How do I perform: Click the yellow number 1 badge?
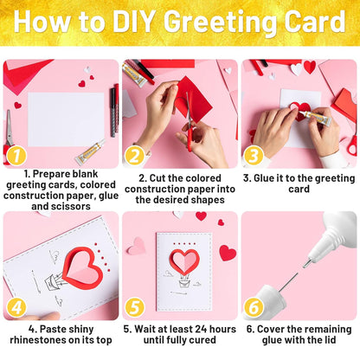(x=16, y=156)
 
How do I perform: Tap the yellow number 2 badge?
(x=135, y=156)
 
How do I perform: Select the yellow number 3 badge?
(x=254, y=156)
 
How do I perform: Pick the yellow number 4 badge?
(x=16, y=307)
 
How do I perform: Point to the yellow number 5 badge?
(x=135, y=307)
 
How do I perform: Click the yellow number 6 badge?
(x=254, y=307)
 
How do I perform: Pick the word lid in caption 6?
(x=329, y=340)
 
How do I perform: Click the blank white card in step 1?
(x=66, y=119)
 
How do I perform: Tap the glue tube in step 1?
(x=90, y=151)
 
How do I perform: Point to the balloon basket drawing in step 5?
(x=184, y=283)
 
